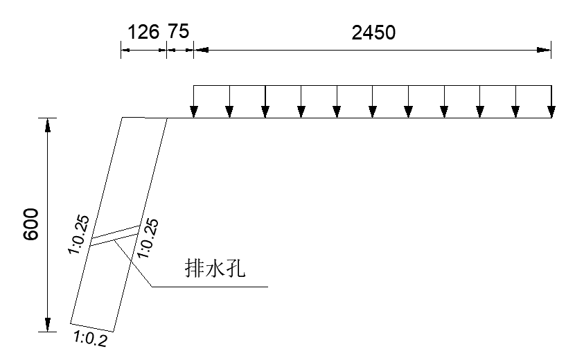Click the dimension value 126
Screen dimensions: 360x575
pyautogui.click(x=143, y=32)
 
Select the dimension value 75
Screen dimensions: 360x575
pyautogui.click(x=178, y=32)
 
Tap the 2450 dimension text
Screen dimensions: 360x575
pyautogui.click(x=373, y=33)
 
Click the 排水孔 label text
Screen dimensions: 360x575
pyautogui.click(x=216, y=269)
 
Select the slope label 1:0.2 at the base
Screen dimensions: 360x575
pyautogui.click(x=90, y=339)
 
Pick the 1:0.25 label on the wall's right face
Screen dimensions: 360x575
pyautogui.click(x=148, y=238)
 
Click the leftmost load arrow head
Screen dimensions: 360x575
pyautogui.click(x=194, y=112)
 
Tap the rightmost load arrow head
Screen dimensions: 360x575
pyautogui.click(x=551, y=112)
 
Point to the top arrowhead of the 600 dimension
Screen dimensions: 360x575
pyautogui.click(x=47, y=125)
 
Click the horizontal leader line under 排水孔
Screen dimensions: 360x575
pyautogui.click(x=208, y=285)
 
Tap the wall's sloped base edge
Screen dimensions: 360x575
pyautogui.click(x=92, y=327)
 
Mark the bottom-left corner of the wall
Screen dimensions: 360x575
pyautogui.click(x=71, y=323)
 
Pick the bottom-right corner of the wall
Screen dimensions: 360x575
pyautogui.click(x=114, y=331)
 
